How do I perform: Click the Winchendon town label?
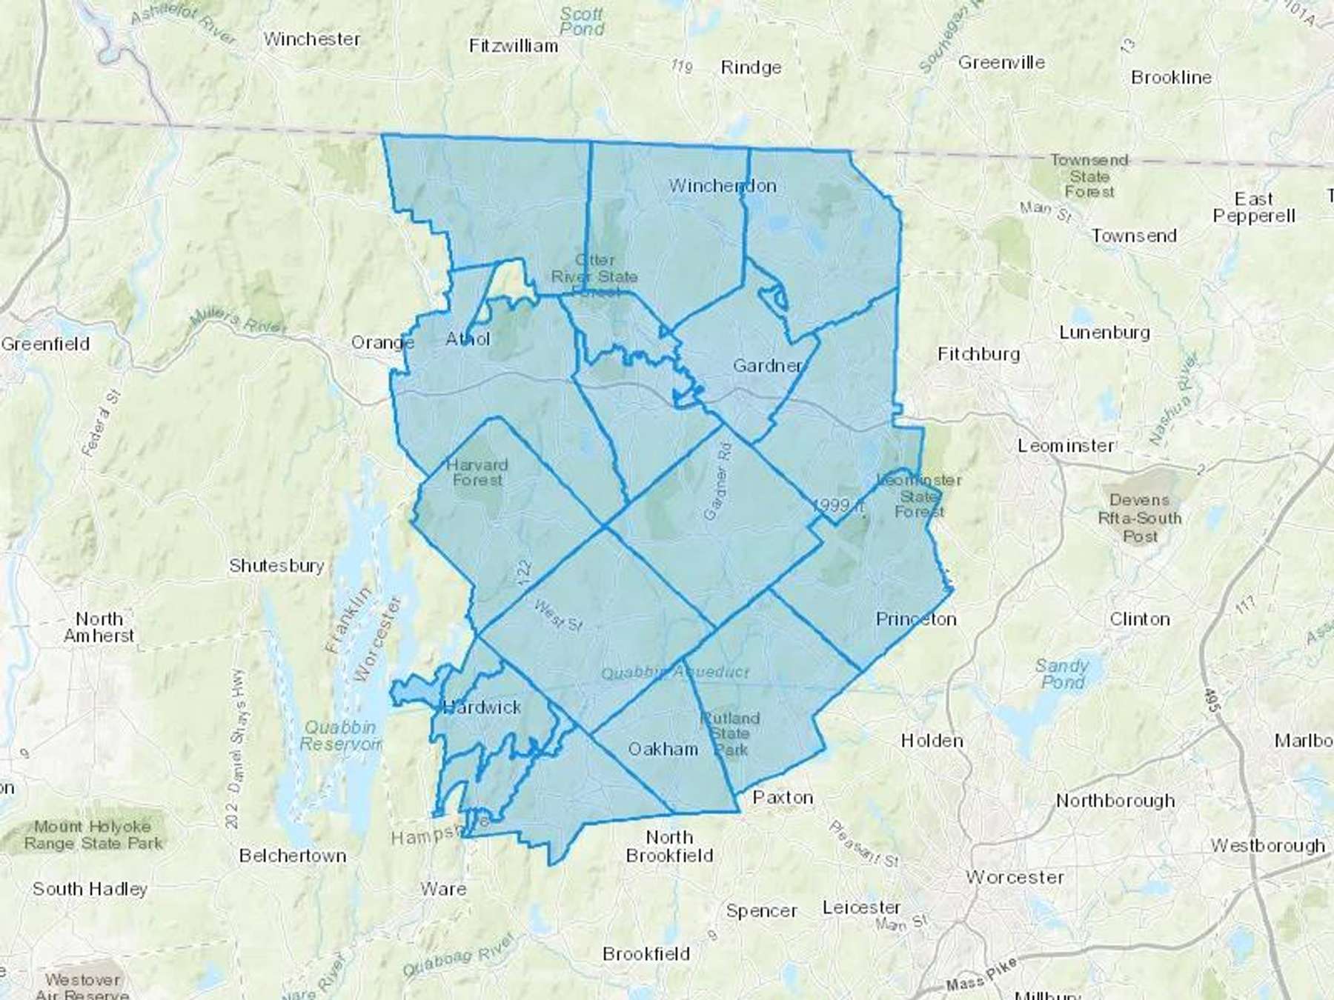pos(723,186)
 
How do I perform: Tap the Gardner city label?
pos(768,366)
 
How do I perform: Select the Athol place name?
pos(468,339)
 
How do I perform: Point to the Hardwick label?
pos(482,707)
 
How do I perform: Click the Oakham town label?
pos(663,749)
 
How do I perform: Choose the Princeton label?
pos(916,619)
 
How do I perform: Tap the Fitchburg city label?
pos(978,354)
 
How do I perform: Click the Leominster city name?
pos(1066,446)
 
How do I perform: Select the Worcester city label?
pos(1015,878)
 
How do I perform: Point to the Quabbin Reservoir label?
pos(340,736)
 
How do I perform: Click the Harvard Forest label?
pos(477,473)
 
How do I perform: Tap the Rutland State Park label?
pos(731,734)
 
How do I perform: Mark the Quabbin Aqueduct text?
pos(675,673)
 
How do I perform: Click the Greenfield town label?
pos(45,344)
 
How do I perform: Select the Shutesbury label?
pos(276,566)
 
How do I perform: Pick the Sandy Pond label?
pos(1062,673)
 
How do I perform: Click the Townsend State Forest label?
pos(1089,176)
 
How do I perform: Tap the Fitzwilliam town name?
pos(513,46)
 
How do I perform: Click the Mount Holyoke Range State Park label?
pos(93,835)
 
